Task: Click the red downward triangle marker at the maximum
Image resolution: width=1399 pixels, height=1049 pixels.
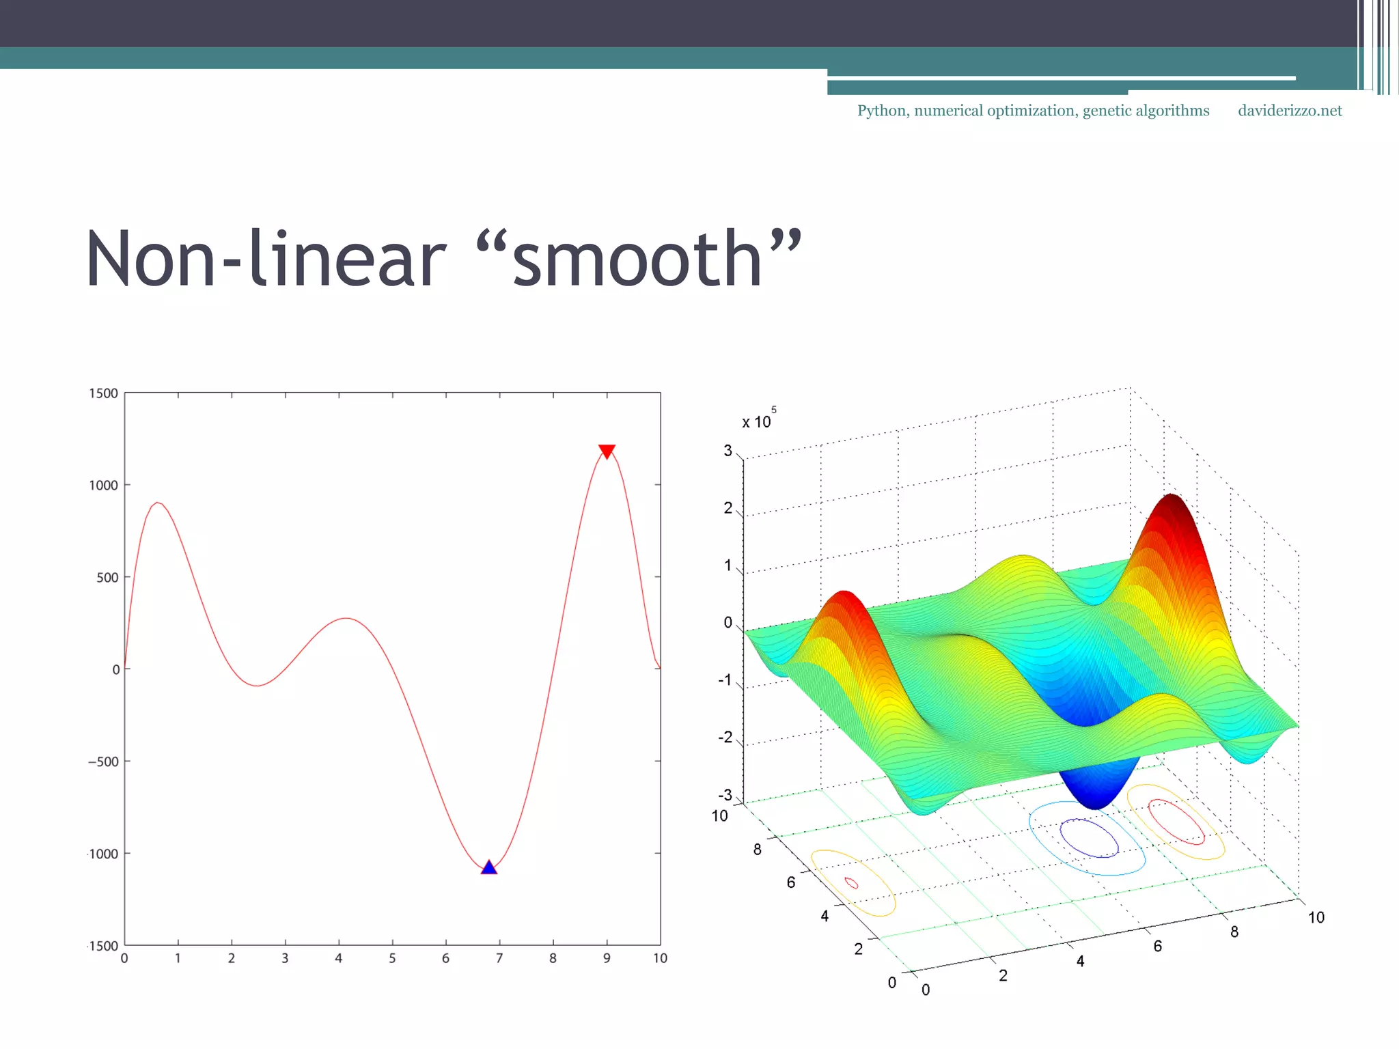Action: click(x=607, y=451)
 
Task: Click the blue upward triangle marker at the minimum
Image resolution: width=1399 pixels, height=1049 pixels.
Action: click(x=488, y=867)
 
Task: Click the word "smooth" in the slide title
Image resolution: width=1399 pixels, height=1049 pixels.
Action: click(x=637, y=260)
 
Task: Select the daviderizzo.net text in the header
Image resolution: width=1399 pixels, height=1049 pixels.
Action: click(x=1290, y=111)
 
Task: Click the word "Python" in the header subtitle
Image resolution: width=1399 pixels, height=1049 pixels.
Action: click(x=882, y=111)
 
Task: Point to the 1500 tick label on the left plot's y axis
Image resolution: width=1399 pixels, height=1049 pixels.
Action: click(x=103, y=393)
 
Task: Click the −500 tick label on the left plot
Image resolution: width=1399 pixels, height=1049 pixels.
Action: click(x=103, y=761)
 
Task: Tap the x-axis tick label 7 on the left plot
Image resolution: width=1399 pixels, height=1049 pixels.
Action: click(x=499, y=958)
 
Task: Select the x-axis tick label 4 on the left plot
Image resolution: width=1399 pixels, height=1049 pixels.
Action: click(x=338, y=958)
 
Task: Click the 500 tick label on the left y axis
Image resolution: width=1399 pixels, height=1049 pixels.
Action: click(x=107, y=578)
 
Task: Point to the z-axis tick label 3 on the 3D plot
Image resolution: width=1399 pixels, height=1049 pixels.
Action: click(x=728, y=451)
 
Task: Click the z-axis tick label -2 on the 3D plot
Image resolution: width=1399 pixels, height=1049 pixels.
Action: click(x=725, y=738)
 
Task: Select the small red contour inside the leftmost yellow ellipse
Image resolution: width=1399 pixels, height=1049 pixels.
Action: click(x=851, y=883)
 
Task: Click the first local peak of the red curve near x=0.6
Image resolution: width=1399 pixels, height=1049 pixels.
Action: click(x=158, y=503)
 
